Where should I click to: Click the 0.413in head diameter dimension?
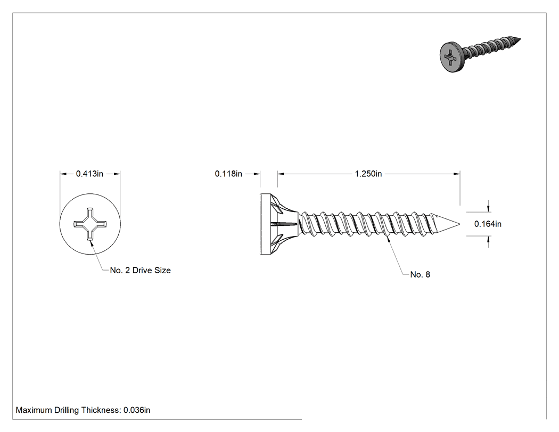(89, 174)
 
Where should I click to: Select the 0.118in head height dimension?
(228, 174)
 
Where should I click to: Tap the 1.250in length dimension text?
(368, 174)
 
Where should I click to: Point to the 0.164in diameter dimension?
(488, 224)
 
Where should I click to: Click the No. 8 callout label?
(420, 275)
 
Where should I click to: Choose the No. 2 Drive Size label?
(140, 271)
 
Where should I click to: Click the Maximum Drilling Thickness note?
(83, 410)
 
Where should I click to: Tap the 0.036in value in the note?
(137, 410)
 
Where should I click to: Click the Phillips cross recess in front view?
(90, 224)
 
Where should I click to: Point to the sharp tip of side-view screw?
(459, 224)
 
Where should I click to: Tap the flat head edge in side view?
(262, 224)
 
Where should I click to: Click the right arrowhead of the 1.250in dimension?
(456, 174)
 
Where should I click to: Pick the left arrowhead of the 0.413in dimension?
(63, 174)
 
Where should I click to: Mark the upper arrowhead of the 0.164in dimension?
(488, 209)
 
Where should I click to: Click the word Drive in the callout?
(143, 271)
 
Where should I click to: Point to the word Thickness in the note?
(101, 410)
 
